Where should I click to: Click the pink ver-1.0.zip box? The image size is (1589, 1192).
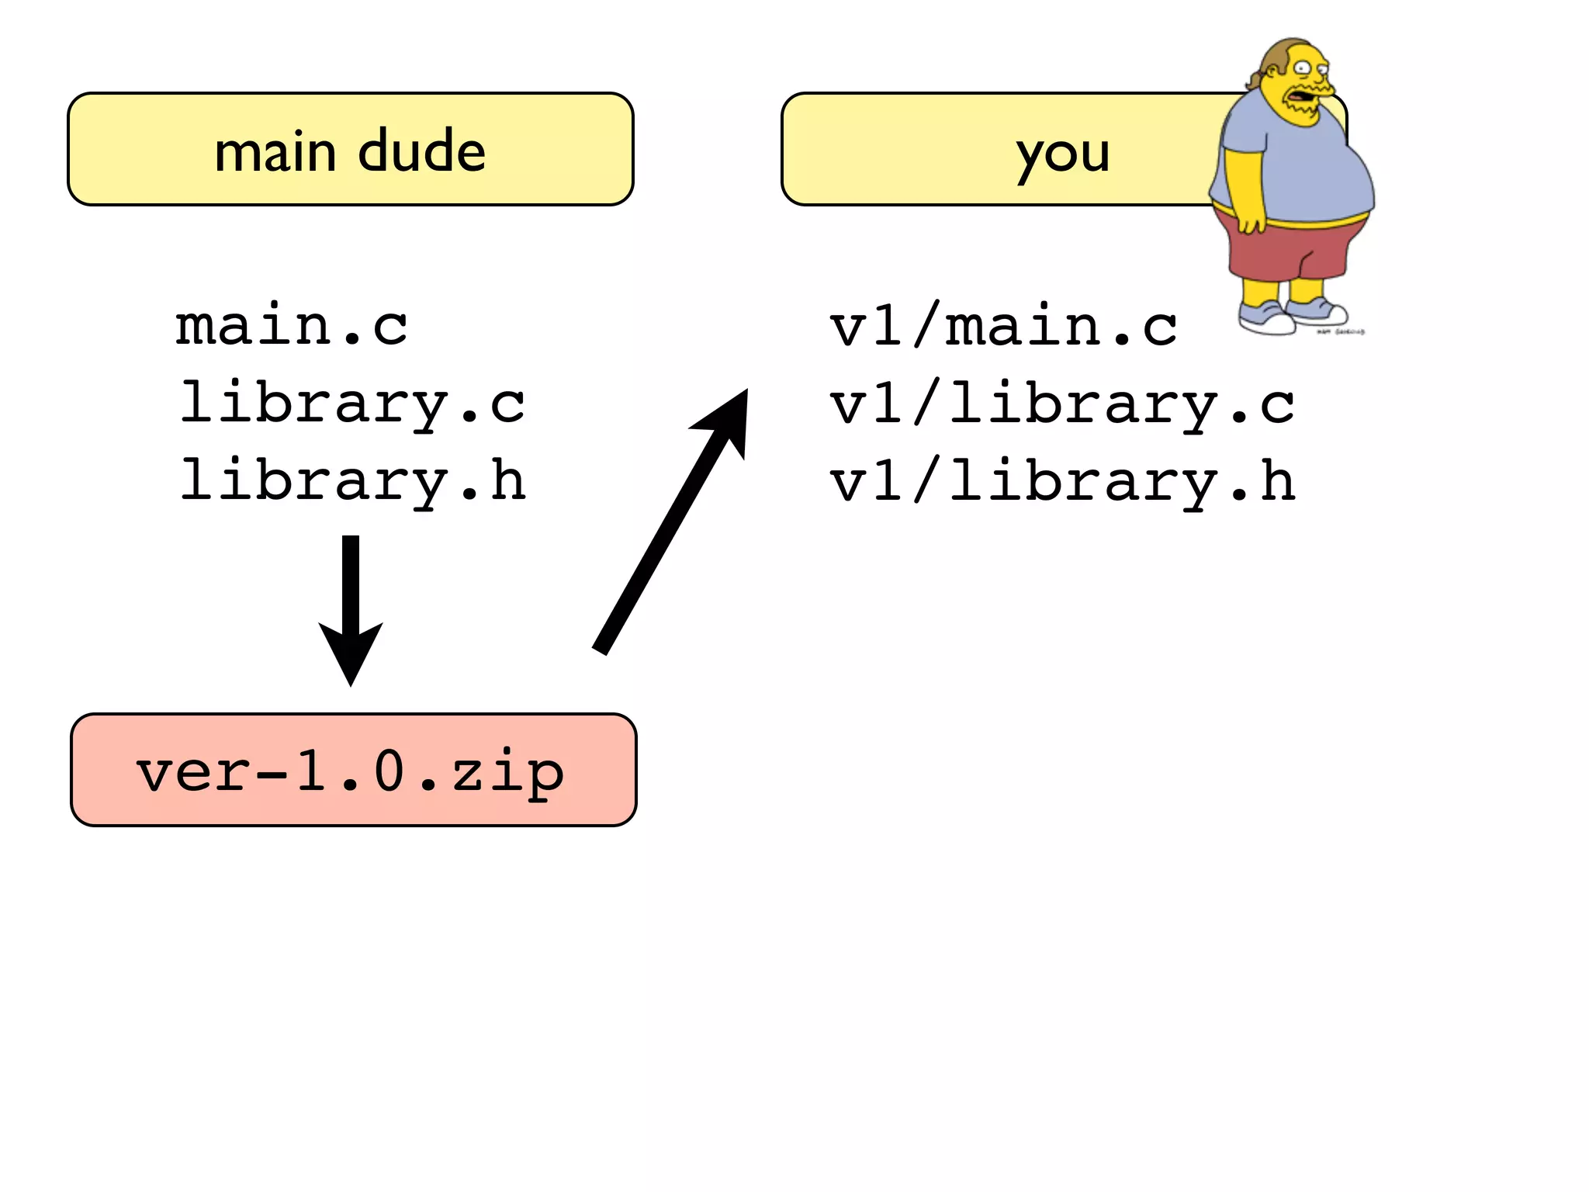point(353,770)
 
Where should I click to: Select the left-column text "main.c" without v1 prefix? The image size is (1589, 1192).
point(291,326)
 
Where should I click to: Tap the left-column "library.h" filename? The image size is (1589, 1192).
point(353,481)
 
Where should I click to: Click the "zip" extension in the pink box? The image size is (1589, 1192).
point(508,772)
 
